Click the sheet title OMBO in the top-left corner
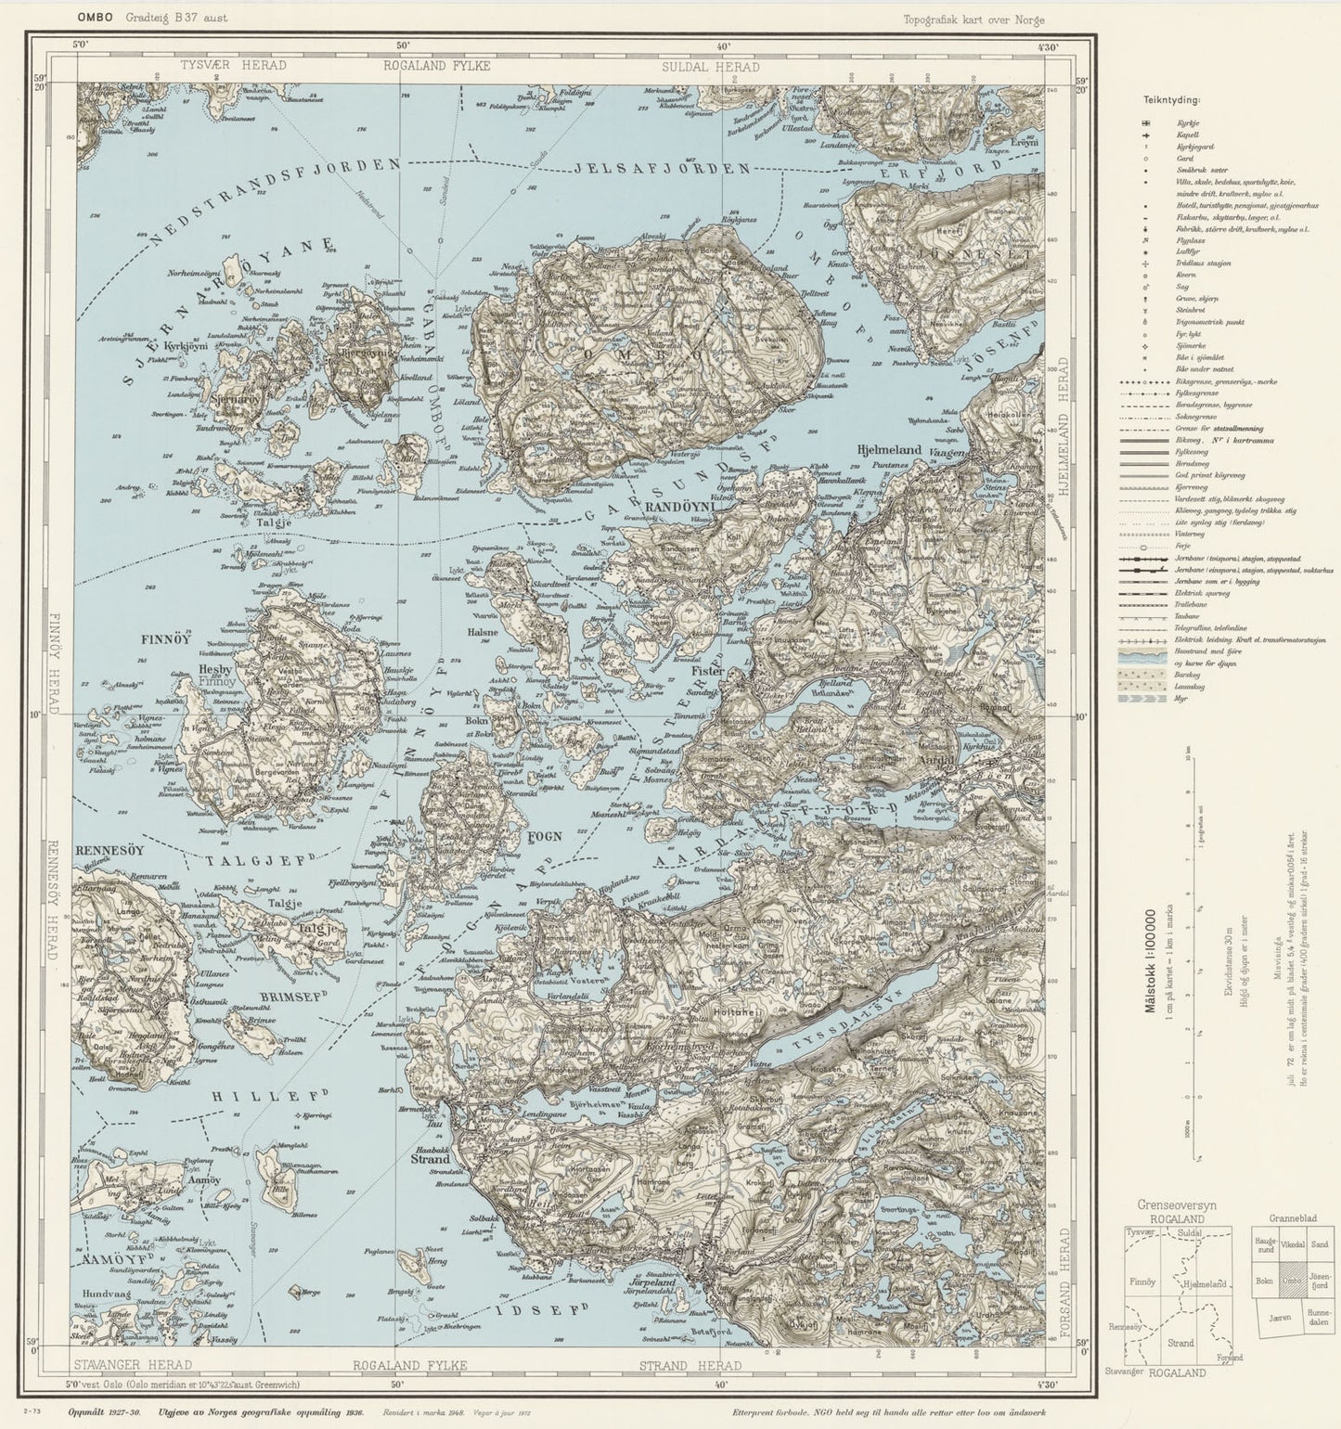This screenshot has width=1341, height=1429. pos(95,18)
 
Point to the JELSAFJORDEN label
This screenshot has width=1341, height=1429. pos(662,169)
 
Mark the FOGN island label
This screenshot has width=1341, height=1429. pos(545,836)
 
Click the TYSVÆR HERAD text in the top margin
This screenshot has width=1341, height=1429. pos(234,66)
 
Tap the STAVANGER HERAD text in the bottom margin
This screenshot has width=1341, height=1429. pos(133,1364)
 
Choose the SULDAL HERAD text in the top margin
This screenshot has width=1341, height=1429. pos(710,67)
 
